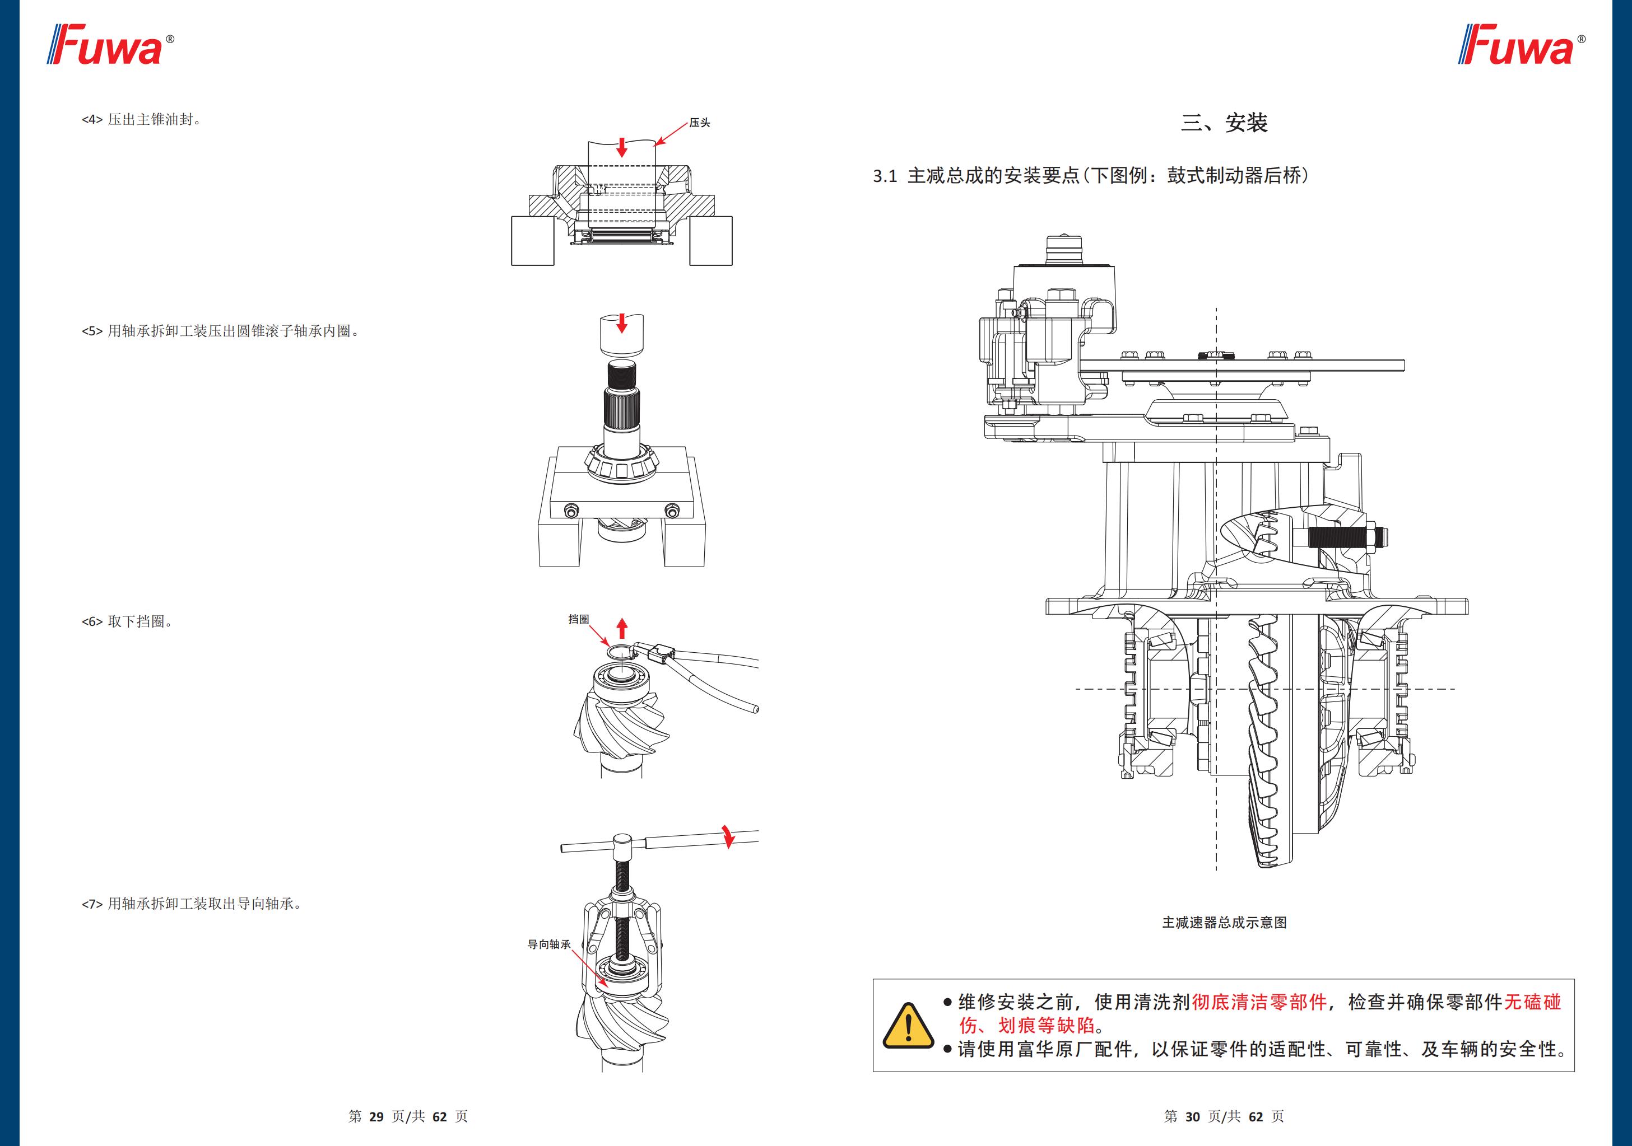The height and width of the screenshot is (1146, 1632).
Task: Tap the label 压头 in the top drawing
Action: tap(699, 123)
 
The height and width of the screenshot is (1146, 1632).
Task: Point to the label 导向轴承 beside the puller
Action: tap(548, 944)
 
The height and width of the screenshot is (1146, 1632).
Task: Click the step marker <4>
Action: tap(92, 119)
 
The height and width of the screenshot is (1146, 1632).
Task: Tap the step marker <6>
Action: tap(92, 621)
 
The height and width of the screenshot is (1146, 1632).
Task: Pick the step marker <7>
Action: tap(92, 904)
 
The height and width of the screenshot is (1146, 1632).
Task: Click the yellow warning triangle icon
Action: tap(908, 1025)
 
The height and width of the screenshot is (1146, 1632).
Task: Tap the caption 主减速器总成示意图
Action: tap(1224, 922)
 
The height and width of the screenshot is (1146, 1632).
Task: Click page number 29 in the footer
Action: tap(376, 1116)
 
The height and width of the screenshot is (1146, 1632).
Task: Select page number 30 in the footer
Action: tap(1192, 1116)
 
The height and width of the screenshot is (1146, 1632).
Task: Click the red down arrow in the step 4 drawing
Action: tap(622, 147)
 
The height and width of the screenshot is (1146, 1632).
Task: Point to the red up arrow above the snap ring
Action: tap(622, 628)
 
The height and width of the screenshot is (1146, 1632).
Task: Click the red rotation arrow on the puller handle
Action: tap(727, 836)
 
